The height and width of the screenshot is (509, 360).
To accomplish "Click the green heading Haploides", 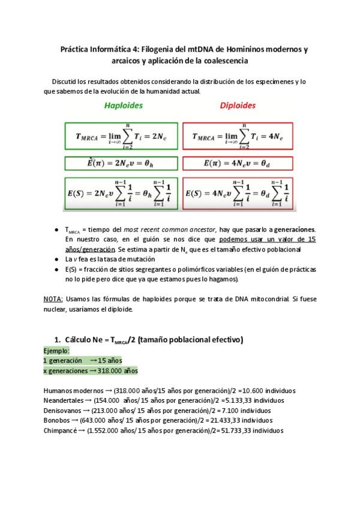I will pos(124,106).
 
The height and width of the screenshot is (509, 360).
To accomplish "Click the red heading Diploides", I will pos(237,106).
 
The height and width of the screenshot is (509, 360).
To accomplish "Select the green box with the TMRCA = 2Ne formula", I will pos(122,137).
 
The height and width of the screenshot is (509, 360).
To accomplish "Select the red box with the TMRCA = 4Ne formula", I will pos(237,137).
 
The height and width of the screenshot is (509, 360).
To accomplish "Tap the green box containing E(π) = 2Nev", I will pos(122,163).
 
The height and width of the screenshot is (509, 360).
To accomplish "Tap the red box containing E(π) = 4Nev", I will pos(237,163).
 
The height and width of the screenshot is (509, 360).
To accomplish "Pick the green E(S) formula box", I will pos(122,193).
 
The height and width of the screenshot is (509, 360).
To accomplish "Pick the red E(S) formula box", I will pos(237,193).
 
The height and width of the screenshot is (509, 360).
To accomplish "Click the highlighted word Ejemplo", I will pos(56,351).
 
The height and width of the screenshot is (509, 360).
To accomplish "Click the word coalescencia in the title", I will pos(224,61).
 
